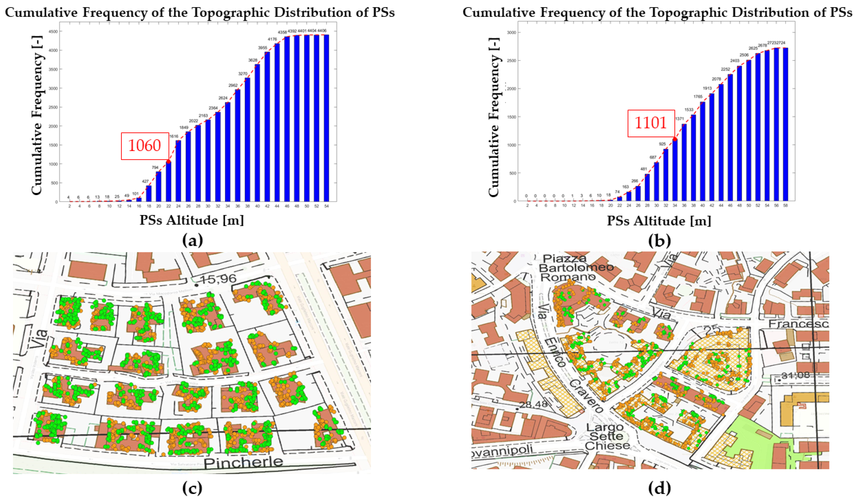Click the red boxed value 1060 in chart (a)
(145, 146)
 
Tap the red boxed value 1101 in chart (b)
(651, 123)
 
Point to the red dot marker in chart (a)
(168, 161)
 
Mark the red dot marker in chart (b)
(675, 139)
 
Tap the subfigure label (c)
(192, 489)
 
